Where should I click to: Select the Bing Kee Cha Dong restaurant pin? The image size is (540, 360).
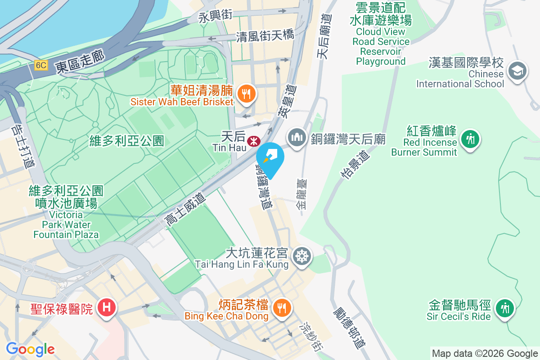pyautogui.click(x=282, y=308)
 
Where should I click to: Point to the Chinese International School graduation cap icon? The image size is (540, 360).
pyautogui.click(x=517, y=71)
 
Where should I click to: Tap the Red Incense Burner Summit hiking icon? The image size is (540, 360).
pyautogui.click(x=470, y=139)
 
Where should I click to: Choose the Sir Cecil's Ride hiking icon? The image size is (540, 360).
pyautogui.click(x=505, y=309)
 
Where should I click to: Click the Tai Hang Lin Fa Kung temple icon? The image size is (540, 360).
pyautogui.click(x=301, y=256)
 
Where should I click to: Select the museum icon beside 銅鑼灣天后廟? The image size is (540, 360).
pyautogui.click(x=297, y=137)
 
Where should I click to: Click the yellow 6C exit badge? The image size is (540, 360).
pyautogui.click(x=40, y=65)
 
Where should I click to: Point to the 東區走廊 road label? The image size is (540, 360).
pyautogui.click(x=80, y=62)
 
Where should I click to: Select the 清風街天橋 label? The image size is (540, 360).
pyautogui.click(x=265, y=36)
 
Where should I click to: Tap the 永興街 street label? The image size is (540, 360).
pyautogui.click(x=216, y=16)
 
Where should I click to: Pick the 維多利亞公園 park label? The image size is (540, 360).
pyautogui.click(x=126, y=141)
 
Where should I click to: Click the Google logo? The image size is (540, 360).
pyautogui.click(x=30, y=349)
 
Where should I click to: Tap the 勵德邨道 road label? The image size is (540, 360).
pyautogui.click(x=350, y=328)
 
